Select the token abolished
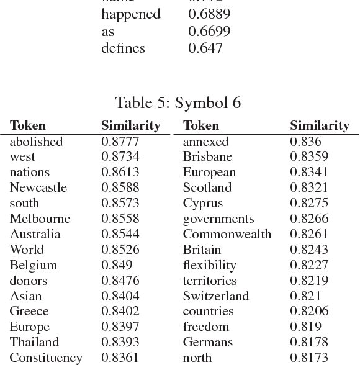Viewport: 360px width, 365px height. coord(36,142)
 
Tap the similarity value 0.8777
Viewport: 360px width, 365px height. coord(120,142)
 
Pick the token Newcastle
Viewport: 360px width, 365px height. coord(38,187)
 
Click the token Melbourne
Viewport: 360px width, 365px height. coord(40,219)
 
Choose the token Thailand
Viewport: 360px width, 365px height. coord(34,342)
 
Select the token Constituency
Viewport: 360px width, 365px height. coord(46,358)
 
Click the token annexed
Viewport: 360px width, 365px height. coord(205,142)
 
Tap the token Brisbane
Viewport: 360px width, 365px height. coord(207,157)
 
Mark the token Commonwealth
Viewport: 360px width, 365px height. coord(227,234)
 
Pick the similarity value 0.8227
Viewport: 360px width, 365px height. coord(309,265)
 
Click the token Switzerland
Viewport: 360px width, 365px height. coord(215,296)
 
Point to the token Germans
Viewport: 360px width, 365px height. coord(207,342)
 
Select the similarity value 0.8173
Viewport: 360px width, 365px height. coord(309,358)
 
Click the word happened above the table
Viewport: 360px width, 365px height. coord(130,14)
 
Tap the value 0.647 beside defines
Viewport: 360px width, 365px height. coord(205,48)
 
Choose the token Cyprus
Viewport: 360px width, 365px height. coord(202,203)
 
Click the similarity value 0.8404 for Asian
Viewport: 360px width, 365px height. coord(120,296)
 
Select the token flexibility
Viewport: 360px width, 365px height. coord(209,265)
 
